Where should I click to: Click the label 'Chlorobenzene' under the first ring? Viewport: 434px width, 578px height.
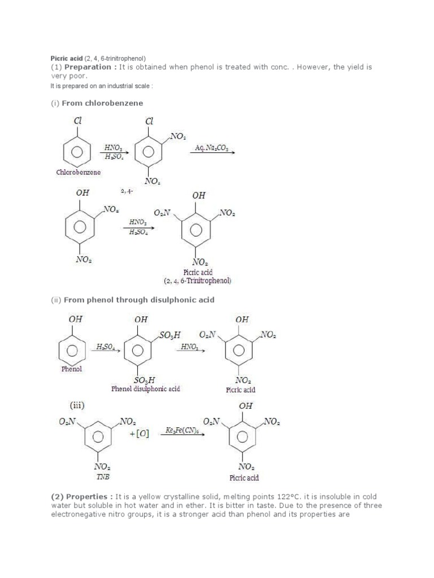click(79, 172)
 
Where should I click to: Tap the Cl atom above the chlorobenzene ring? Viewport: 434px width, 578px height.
click(77, 121)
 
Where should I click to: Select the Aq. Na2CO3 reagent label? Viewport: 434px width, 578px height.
click(211, 147)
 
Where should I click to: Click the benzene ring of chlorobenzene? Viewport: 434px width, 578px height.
click(78, 151)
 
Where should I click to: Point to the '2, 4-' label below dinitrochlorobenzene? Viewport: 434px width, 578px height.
click(127, 191)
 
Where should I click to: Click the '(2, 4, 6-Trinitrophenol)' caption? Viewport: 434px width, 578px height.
click(198, 281)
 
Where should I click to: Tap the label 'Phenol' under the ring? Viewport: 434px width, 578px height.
click(72, 369)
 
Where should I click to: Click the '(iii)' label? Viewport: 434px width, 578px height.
click(78, 404)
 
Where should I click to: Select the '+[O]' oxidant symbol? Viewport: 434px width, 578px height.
click(139, 435)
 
